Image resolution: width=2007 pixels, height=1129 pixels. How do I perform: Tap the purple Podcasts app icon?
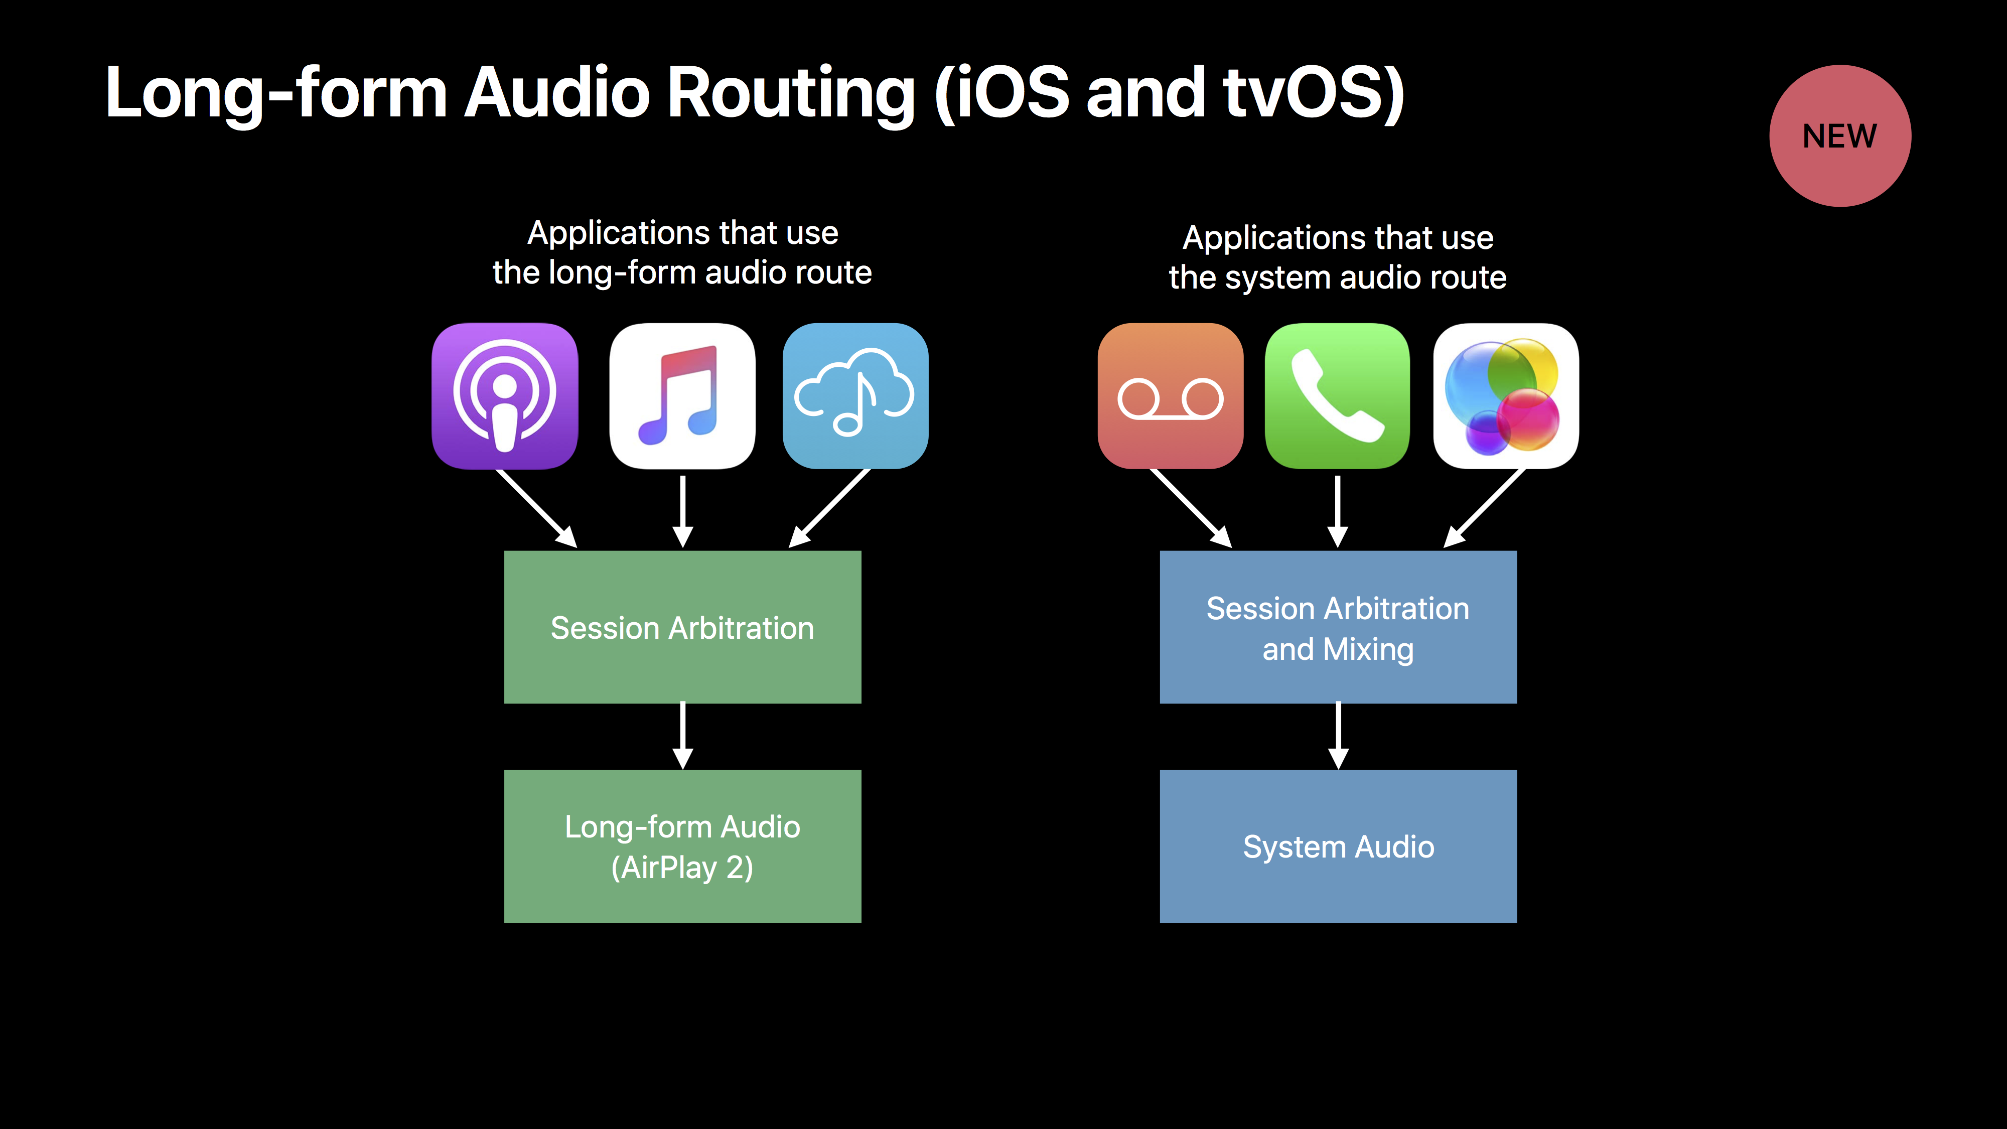click(x=505, y=396)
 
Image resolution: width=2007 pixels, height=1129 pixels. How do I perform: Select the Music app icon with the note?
click(x=682, y=396)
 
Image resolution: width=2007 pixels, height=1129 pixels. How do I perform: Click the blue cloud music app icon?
click(x=855, y=396)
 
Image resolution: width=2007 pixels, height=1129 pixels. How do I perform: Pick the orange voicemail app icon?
click(x=1170, y=396)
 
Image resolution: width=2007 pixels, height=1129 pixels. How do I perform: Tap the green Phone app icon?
click(x=1338, y=396)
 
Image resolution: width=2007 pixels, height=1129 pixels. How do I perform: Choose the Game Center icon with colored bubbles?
click(x=1506, y=396)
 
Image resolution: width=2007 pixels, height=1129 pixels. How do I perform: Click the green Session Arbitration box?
click(x=682, y=627)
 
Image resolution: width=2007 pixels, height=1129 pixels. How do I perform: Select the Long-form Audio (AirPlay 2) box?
click(x=682, y=846)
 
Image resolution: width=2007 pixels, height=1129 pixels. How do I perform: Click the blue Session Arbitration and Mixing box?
click(x=1338, y=627)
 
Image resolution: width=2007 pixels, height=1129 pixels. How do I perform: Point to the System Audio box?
click(x=1338, y=846)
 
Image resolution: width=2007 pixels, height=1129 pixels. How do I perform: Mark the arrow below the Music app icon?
click(x=682, y=512)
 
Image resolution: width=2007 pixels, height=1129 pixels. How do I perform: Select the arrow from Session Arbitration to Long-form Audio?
click(x=682, y=736)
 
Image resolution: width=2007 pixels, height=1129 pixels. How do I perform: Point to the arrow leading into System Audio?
click(x=1338, y=736)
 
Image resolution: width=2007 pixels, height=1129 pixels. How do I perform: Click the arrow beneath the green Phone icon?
click(x=1338, y=512)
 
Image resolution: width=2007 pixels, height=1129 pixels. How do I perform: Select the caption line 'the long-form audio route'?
click(x=682, y=272)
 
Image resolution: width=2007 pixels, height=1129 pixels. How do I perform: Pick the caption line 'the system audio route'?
click(x=1338, y=277)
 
